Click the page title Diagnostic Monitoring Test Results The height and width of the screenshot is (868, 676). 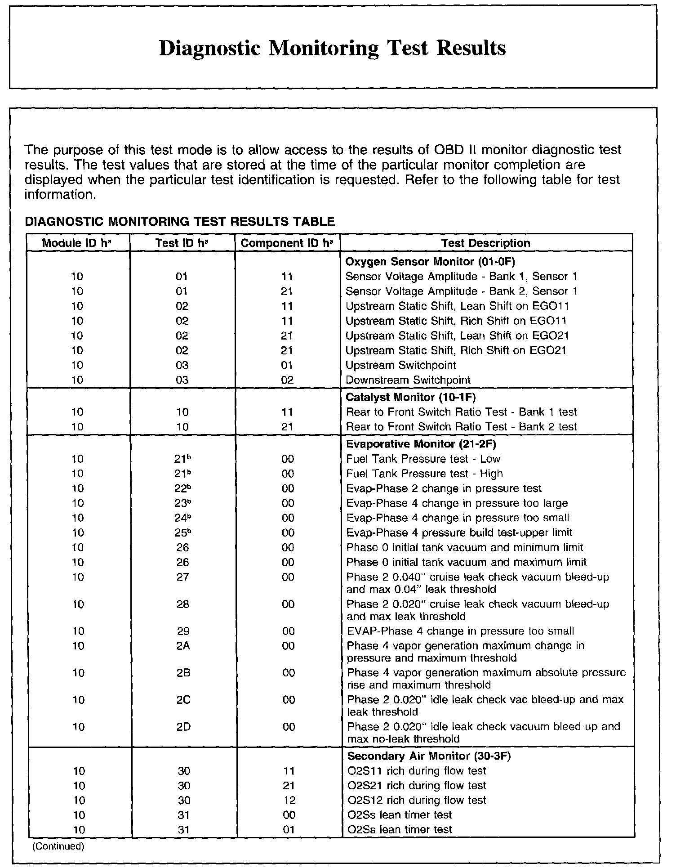[x=332, y=49]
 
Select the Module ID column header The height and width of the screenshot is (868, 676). [x=76, y=243]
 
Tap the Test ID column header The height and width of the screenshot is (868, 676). [x=182, y=243]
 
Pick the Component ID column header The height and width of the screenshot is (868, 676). [x=287, y=243]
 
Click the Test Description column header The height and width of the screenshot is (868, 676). [x=485, y=243]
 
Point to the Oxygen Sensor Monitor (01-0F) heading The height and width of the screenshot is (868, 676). [x=430, y=262]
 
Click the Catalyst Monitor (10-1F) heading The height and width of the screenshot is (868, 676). [x=410, y=397]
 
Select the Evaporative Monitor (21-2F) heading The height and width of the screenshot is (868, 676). [x=421, y=444]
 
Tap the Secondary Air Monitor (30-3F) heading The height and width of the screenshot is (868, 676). [x=429, y=756]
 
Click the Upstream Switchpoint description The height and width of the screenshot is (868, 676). [x=400, y=365]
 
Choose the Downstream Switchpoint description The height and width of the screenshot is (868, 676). [x=408, y=380]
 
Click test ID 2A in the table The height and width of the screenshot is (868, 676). [x=183, y=646]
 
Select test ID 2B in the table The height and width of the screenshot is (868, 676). [x=183, y=673]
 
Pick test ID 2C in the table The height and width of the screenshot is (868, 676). [x=183, y=700]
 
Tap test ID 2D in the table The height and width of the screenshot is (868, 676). [x=183, y=727]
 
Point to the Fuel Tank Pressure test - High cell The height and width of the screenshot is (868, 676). [x=424, y=474]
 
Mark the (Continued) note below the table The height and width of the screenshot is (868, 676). [x=58, y=847]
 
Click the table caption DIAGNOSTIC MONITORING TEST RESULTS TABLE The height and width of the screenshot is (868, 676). [x=180, y=222]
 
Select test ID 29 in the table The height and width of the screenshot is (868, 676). [x=183, y=631]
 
